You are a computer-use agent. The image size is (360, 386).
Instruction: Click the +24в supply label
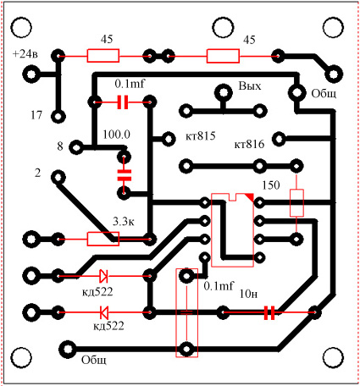25,53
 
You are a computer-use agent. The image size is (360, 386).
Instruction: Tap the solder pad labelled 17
58,116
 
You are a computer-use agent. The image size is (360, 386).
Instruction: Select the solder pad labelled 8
76,147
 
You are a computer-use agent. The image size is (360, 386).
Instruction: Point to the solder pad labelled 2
58,178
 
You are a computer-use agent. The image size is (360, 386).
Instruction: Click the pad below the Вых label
223,92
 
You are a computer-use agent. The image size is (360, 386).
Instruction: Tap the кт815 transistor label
201,136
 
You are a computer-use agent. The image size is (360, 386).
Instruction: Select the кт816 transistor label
249,144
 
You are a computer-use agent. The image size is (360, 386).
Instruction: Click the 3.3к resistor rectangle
103,239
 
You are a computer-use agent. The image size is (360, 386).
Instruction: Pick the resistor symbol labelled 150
296,203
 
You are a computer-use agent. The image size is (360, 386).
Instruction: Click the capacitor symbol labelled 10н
269,312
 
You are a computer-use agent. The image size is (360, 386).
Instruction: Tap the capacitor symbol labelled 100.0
124,175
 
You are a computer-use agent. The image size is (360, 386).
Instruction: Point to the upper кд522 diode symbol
103,276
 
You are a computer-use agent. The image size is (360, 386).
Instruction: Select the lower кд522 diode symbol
103,312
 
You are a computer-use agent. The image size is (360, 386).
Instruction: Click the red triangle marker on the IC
250,197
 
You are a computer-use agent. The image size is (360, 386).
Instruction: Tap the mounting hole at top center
223,27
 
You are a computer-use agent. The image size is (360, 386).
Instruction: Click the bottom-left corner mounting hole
21,357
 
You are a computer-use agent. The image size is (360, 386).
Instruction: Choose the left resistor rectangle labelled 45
103,56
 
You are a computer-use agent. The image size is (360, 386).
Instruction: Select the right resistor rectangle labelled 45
223,56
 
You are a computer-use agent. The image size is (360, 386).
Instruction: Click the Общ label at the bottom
94,361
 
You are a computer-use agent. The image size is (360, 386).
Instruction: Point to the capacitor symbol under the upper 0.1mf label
123,102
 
